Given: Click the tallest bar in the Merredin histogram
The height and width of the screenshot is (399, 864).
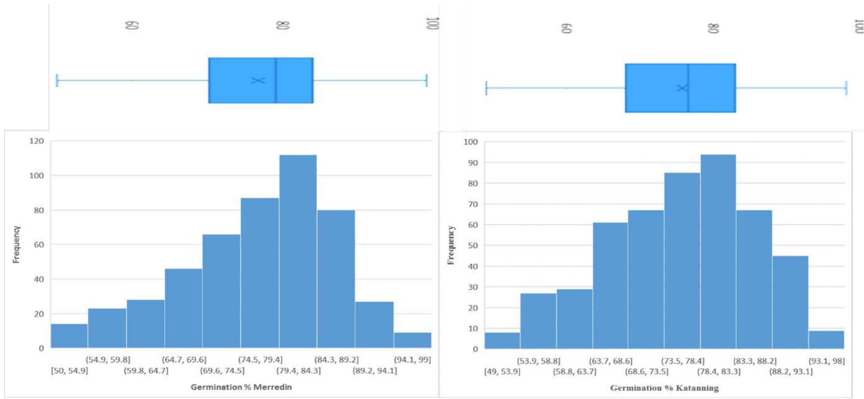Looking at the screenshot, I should [x=298, y=251].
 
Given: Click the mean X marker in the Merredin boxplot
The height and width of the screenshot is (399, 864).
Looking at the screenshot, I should [x=258, y=80].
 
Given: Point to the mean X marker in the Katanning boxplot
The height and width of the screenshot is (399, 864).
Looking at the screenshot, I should [x=682, y=88].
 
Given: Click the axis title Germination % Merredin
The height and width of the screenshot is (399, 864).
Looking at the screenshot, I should [x=241, y=387].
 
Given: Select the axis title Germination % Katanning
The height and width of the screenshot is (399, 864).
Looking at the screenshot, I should [x=664, y=388].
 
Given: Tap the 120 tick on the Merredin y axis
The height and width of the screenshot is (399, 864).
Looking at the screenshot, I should [x=37, y=141].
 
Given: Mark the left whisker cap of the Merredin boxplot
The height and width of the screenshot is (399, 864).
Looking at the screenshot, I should [x=57, y=80].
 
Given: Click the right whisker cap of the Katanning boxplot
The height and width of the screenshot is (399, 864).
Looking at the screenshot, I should [x=846, y=88].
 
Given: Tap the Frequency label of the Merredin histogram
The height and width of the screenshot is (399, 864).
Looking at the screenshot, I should [x=16, y=245].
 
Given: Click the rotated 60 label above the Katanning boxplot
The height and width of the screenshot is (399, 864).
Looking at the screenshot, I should [x=567, y=28].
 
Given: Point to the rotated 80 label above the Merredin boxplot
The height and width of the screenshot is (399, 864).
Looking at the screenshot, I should [x=283, y=25].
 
